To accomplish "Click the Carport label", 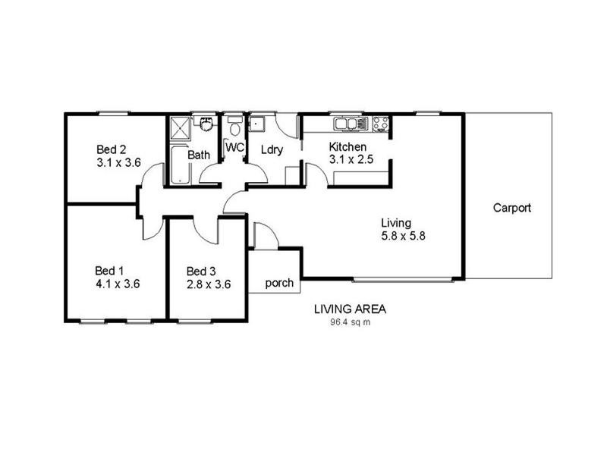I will pyautogui.click(x=511, y=207).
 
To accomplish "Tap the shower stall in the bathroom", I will pyautogui.click(x=180, y=127).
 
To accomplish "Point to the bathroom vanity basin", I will pyautogui.click(x=204, y=122).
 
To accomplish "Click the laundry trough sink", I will pyautogui.click(x=258, y=124).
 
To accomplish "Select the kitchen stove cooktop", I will pyautogui.click(x=380, y=124).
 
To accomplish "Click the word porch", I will pyautogui.click(x=279, y=284).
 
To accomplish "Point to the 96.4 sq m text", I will pyautogui.click(x=350, y=322).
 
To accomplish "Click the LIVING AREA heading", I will pyautogui.click(x=351, y=309).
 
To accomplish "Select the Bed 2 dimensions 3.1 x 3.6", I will pyautogui.click(x=119, y=162).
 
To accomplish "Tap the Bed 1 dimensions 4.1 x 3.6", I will pyautogui.click(x=118, y=284).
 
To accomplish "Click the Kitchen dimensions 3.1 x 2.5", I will pyautogui.click(x=352, y=160).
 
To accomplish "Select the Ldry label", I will pyautogui.click(x=272, y=150).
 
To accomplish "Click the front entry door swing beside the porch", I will pyautogui.click(x=264, y=236).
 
